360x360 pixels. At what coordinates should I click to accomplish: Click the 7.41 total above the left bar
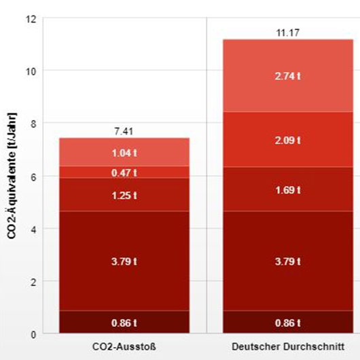tap(124, 130)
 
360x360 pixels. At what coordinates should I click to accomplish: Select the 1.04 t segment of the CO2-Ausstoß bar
tap(124, 153)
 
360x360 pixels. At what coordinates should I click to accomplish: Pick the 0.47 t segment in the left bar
tap(124, 173)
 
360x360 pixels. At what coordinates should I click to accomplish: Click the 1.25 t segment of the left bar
tap(124, 195)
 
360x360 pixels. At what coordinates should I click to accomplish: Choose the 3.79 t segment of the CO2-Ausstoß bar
tap(124, 261)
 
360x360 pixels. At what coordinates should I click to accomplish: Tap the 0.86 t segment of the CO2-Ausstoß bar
tap(124, 322)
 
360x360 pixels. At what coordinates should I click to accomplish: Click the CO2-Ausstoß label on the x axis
tap(124, 346)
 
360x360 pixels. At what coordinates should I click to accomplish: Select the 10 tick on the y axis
tap(30, 71)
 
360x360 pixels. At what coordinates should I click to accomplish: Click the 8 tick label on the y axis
tap(32, 123)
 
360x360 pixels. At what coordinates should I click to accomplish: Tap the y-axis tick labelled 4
tap(32, 228)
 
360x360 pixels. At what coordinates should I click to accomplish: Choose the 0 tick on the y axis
tap(32, 334)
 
